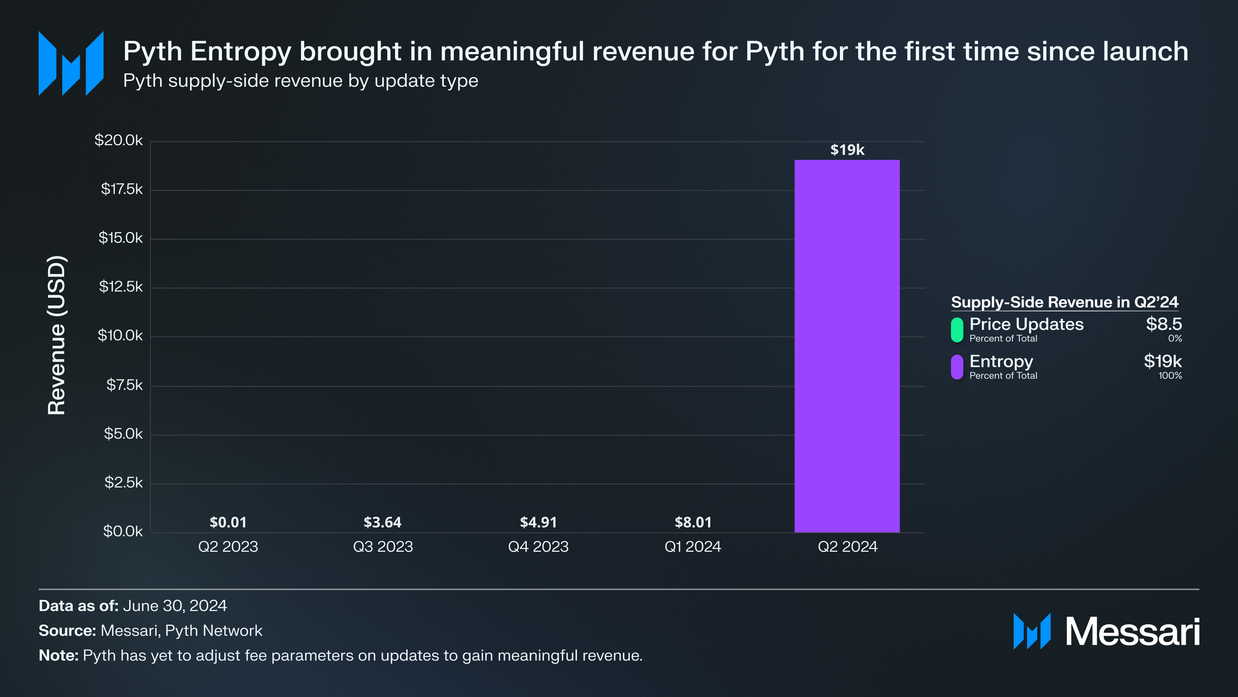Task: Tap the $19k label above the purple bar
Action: click(x=847, y=150)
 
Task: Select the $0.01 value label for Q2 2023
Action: click(x=228, y=522)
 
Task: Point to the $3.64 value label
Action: click(x=382, y=522)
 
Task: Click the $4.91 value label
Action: click(x=538, y=522)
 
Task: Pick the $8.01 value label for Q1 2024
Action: click(x=693, y=522)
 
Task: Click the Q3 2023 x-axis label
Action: click(x=383, y=547)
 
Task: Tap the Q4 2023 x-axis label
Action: click(x=538, y=547)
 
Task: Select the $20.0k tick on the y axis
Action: click(x=118, y=141)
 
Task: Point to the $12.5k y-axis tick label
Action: click(x=120, y=287)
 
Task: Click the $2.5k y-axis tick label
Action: click(x=123, y=483)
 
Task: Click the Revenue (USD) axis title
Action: click(x=57, y=335)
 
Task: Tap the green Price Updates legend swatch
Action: click(x=957, y=329)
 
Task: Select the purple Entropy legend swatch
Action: click(x=957, y=367)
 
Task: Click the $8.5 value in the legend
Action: click(x=1163, y=324)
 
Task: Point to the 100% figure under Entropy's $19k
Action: click(x=1170, y=376)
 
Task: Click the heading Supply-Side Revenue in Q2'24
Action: click(x=1064, y=302)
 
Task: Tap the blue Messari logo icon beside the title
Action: click(x=71, y=64)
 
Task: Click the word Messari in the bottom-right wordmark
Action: click(x=1132, y=632)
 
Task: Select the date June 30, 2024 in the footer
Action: click(x=175, y=606)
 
